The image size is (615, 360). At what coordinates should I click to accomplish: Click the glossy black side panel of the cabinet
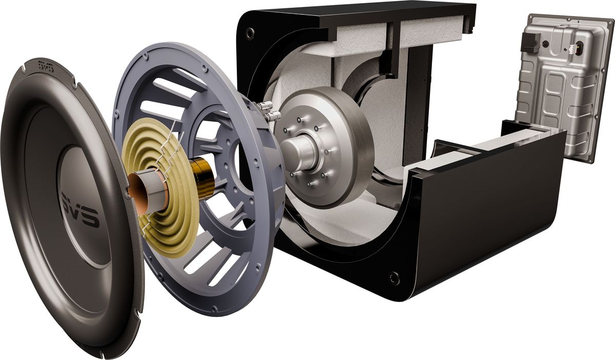(487, 205)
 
